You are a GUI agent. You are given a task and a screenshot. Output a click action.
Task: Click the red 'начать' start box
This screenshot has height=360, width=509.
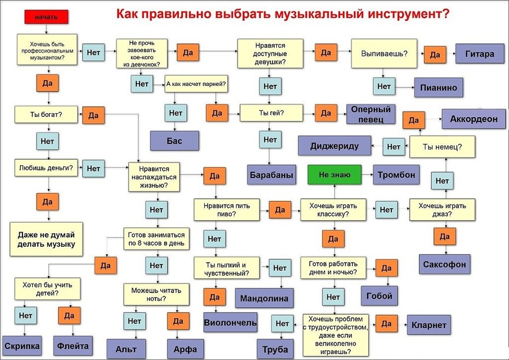click(47, 17)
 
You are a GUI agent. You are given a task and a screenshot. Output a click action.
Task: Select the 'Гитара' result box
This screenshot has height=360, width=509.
click(480, 54)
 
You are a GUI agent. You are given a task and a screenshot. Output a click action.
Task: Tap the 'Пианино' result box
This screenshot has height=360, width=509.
click(438, 88)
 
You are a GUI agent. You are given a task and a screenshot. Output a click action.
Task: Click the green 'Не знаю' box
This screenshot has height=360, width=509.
click(334, 175)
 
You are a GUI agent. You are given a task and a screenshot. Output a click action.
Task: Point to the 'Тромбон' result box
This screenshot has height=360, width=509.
click(396, 175)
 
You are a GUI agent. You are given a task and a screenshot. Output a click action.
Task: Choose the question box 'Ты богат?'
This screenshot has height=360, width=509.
click(46, 114)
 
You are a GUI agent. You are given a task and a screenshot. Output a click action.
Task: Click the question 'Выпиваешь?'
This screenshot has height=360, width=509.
click(384, 54)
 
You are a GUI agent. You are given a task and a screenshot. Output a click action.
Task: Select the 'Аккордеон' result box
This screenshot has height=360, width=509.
click(473, 119)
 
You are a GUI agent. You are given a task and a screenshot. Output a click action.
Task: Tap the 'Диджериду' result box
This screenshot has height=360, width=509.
click(334, 146)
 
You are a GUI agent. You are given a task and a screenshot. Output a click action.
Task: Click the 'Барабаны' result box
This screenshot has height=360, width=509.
click(271, 175)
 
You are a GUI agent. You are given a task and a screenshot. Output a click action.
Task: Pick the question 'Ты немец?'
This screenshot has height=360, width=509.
click(442, 147)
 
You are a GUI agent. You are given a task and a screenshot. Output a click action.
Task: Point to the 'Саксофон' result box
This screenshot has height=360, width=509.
click(444, 264)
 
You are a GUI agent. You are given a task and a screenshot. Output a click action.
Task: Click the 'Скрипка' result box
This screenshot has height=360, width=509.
click(22, 346)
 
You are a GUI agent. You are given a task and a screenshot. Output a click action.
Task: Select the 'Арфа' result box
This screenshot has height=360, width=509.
click(186, 349)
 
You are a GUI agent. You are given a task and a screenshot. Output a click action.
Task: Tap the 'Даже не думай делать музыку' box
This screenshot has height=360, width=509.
click(46, 239)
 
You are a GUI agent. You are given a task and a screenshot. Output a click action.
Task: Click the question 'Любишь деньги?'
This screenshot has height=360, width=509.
click(46, 168)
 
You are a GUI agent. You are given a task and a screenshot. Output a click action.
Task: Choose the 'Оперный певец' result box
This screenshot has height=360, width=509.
click(371, 114)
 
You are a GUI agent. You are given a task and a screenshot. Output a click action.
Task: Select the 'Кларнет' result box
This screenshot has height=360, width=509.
click(429, 324)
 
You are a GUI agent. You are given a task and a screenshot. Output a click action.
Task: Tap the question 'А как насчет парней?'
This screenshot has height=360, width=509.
click(196, 84)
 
